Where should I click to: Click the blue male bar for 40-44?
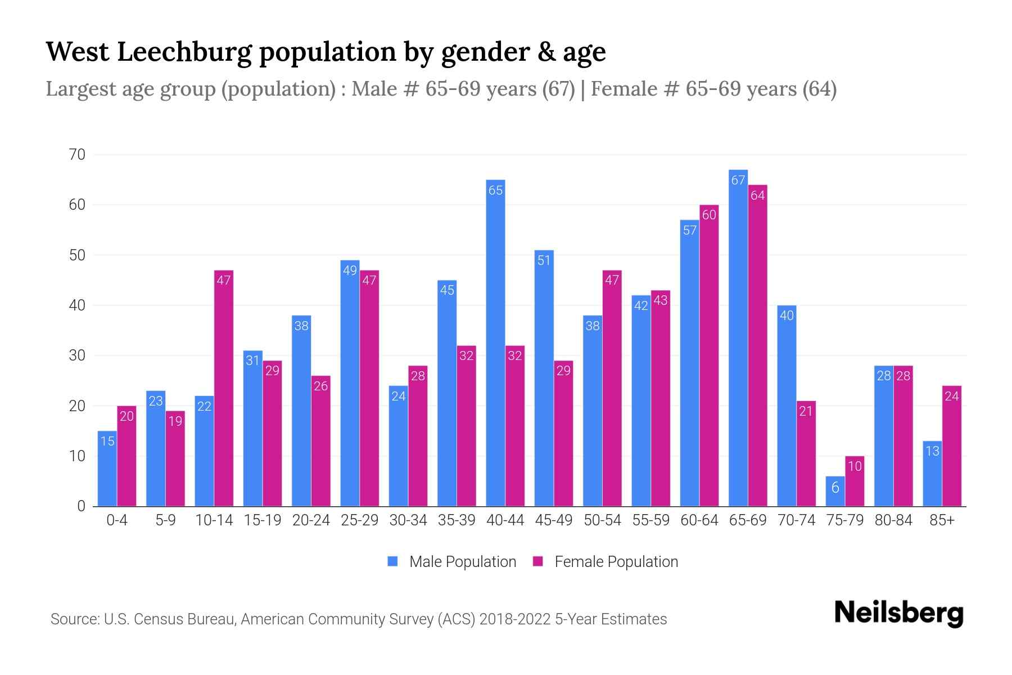point(495,343)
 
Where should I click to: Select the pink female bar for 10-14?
point(224,388)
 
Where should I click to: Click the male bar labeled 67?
point(738,337)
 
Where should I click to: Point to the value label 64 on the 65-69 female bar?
point(758,195)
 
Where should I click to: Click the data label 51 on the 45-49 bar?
point(544,260)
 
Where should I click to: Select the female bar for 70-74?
point(806,453)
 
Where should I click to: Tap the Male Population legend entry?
point(452,561)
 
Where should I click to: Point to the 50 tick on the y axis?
point(77,255)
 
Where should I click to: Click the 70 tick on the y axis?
point(77,155)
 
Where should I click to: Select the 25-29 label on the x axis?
point(359,520)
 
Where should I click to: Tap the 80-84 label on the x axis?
point(893,520)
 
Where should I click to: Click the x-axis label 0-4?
point(117,520)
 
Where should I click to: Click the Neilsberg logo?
point(898,613)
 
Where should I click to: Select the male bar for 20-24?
point(301,411)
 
